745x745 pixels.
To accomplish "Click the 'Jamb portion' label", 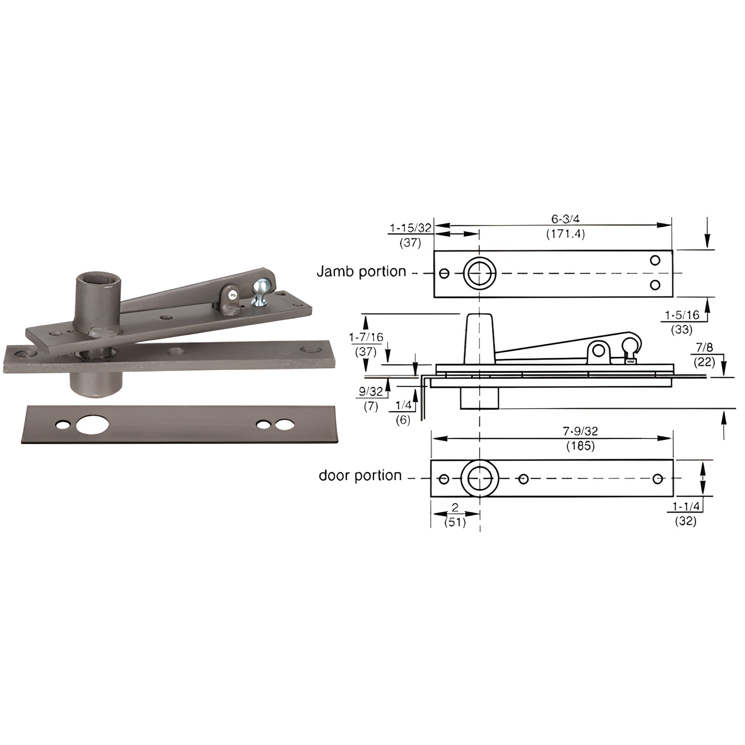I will (x=361, y=271).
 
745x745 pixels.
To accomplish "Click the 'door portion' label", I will (x=360, y=475).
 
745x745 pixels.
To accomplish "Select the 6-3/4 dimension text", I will (x=565, y=219).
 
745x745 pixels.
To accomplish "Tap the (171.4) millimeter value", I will (x=565, y=234).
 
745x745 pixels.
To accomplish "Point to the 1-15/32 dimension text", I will (x=410, y=228).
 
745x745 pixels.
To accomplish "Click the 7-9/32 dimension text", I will (x=580, y=431).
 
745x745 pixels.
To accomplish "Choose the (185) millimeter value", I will (x=580, y=446).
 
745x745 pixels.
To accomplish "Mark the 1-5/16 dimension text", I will (x=682, y=315).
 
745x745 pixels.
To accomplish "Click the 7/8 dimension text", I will (x=704, y=348).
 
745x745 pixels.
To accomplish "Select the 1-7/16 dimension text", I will (x=366, y=337).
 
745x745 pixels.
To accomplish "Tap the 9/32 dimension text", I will (x=371, y=391).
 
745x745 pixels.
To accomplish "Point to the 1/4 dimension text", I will (x=404, y=405).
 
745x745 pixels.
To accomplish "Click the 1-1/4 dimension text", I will (x=686, y=506).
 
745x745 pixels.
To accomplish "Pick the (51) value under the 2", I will (x=455, y=523).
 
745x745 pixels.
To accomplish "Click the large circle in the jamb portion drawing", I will (x=479, y=273).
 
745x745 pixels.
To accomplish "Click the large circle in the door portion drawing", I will (x=480, y=479).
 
